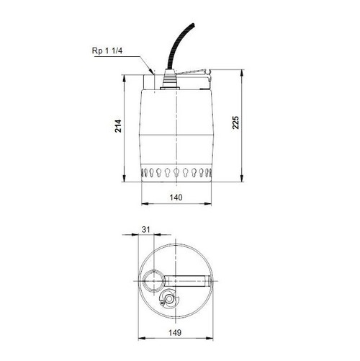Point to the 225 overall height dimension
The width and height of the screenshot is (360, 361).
pyautogui.click(x=236, y=123)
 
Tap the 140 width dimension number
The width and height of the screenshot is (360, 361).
pyautogui.click(x=176, y=196)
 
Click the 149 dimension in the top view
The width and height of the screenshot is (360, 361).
pyautogui.click(x=176, y=332)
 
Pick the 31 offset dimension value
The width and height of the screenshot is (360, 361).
pyautogui.click(x=146, y=229)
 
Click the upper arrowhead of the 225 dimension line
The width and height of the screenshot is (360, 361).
pyautogui.click(x=248, y=72)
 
